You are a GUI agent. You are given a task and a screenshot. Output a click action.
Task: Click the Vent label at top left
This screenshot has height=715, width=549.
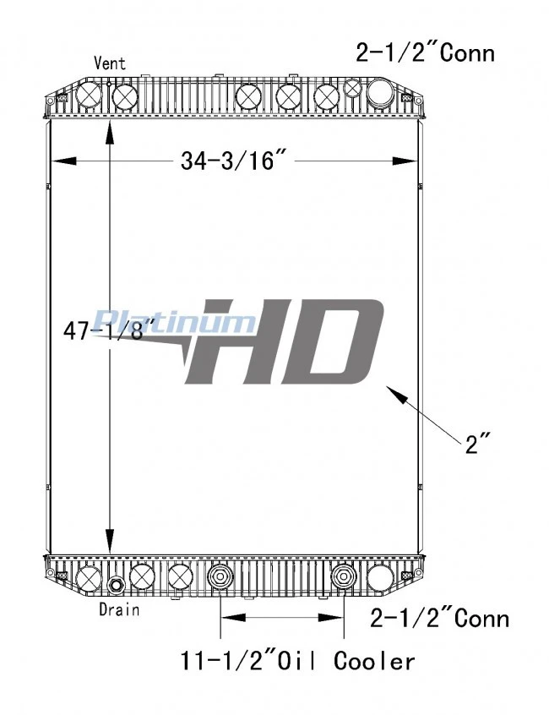[109, 63]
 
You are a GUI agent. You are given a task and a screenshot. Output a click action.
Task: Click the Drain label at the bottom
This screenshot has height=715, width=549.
[119, 609]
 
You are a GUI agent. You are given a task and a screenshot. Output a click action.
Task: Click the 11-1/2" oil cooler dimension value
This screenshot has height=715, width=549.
[226, 660]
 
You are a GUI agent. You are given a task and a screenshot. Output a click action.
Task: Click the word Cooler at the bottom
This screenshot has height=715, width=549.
[374, 661]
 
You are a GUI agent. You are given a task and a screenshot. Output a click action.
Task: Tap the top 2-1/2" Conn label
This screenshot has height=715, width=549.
[425, 52]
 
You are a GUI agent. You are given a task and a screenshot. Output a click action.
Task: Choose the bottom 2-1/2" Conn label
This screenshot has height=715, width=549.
[440, 619]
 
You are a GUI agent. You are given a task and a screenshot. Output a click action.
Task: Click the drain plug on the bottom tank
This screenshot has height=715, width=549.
[115, 585]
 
